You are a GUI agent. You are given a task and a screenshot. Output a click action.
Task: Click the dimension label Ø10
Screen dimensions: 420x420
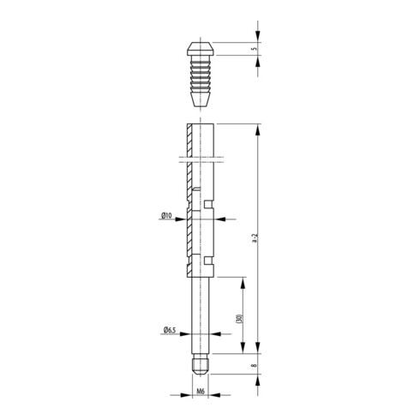(167, 216)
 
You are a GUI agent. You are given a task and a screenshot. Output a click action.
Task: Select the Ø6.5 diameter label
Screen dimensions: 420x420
(168, 330)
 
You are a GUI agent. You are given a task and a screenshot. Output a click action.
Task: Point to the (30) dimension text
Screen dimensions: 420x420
(237, 318)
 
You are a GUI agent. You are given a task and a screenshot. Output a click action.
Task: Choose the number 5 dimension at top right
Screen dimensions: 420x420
(255, 50)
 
